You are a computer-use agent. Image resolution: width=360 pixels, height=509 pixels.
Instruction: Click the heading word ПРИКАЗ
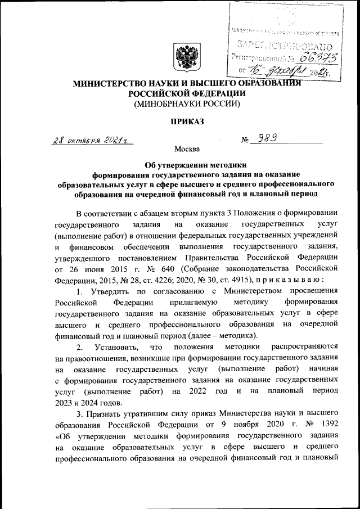[187, 121]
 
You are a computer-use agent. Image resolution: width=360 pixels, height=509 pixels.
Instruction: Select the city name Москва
[187, 150]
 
